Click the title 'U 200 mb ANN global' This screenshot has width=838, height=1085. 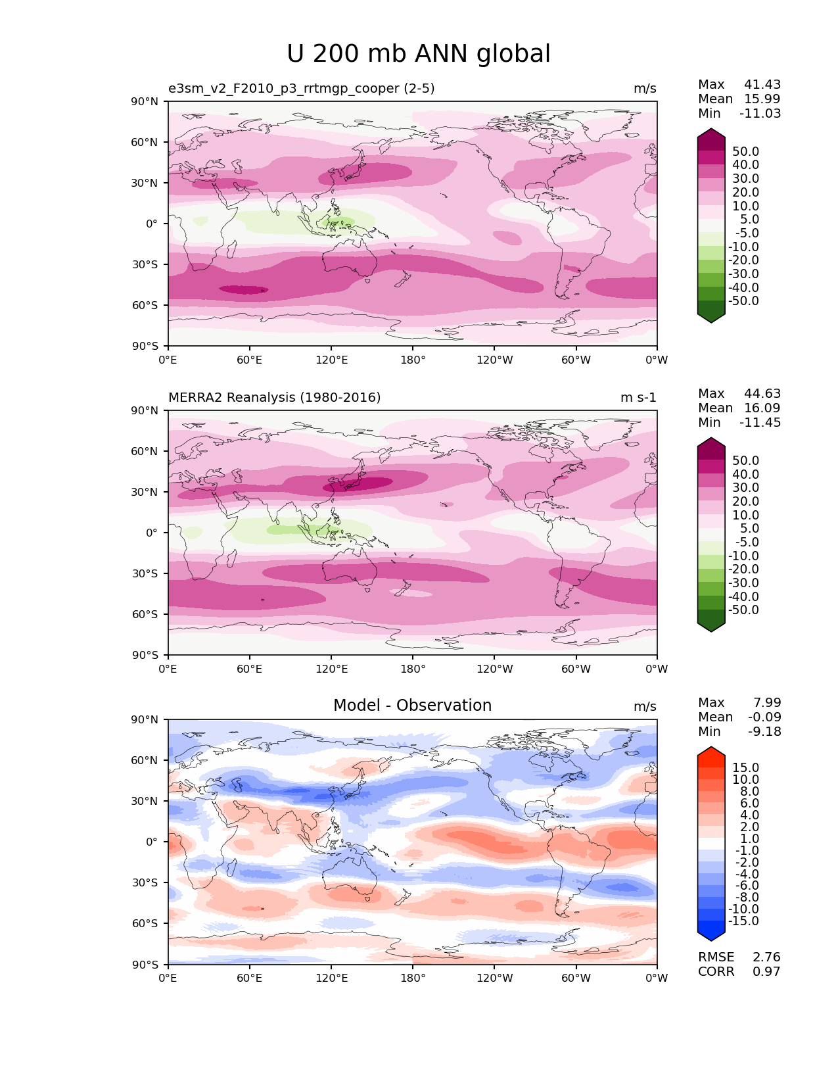[419, 54]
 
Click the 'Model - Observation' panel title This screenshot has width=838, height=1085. [412, 706]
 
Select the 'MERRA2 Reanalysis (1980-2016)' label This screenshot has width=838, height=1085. [275, 398]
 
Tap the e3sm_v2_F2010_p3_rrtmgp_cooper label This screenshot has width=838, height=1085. [301, 89]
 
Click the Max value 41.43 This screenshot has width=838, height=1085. [762, 85]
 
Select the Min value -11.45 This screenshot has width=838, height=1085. [760, 423]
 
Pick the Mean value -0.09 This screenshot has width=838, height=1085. [764, 717]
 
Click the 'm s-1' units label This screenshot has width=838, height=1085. [638, 398]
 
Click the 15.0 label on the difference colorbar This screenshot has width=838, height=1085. [745, 768]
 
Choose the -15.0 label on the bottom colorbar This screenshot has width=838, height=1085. [743, 921]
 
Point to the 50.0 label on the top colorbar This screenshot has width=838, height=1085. [745, 152]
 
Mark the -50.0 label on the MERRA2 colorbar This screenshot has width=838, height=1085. [743, 610]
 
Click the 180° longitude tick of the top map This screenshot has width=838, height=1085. [413, 360]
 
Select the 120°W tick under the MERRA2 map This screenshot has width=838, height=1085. [494, 669]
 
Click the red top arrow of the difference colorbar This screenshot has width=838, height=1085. [711, 754]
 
